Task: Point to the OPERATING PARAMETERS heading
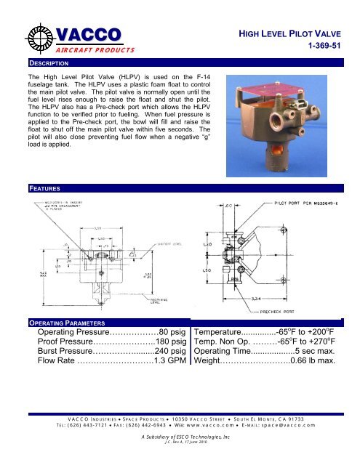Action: (68, 322)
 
